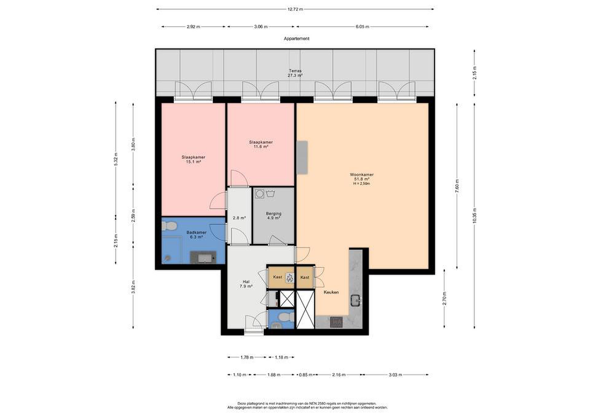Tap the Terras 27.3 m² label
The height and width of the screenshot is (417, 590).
click(x=295, y=73)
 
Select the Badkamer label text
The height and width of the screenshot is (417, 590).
click(x=197, y=232)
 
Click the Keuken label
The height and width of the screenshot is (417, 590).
click(x=331, y=292)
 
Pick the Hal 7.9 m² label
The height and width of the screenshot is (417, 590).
click(x=246, y=284)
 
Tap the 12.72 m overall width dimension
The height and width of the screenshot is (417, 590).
click(x=295, y=9)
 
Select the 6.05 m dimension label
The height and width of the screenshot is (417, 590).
click(x=362, y=27)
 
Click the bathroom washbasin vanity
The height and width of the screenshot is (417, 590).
click(x=203, y=258)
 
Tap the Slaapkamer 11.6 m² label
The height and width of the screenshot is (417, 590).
click(x=261, y=144)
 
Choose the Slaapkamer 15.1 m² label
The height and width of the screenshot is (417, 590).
click(x=193, y=159)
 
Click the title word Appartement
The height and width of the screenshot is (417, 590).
click(x=297, y=39)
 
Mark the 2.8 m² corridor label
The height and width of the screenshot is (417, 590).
click(x=239, y=218)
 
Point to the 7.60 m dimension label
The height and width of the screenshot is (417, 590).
click(x=457, y=186)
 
